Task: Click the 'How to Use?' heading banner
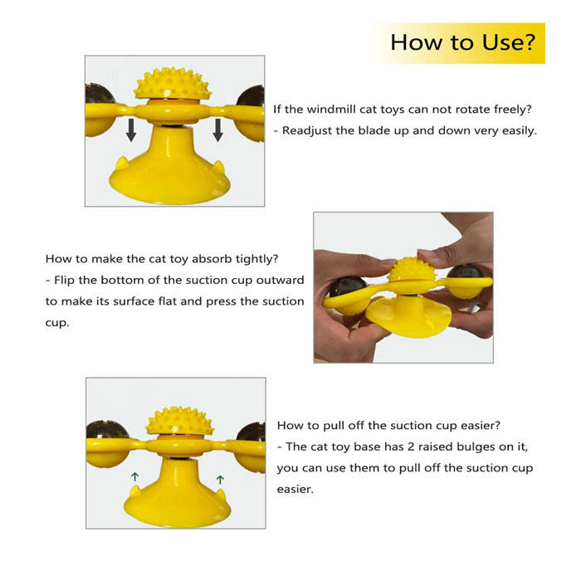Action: coord(457,43)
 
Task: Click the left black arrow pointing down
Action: coord(131,130)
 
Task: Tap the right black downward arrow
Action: coord(217,130)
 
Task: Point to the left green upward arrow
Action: coord(134,477)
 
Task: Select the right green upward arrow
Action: coord(220,480)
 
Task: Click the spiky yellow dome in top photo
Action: coord(173,84)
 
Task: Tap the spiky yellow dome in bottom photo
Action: coord(180,421)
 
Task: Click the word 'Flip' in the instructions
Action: coord(64,281)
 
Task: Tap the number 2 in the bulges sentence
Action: coord(410,447)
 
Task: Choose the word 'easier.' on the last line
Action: coord(295,489)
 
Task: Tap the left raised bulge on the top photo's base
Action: coord(122,164)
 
